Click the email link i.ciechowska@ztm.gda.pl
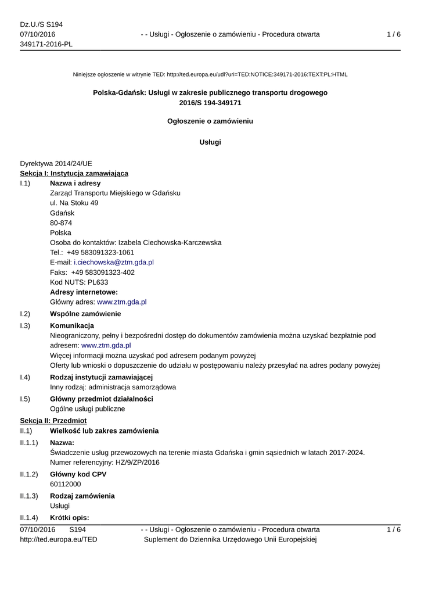113,263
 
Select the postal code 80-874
61,223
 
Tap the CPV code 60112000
66,484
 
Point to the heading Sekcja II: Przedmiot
53,420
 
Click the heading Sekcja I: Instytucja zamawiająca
74,173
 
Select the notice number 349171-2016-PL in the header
46,45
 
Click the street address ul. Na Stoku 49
74,203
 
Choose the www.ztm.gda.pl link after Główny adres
121,302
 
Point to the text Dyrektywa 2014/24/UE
56,163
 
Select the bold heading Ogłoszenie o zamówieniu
210,121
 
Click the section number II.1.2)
29,474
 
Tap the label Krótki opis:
70,518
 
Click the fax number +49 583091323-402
103,273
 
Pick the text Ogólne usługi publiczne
88,409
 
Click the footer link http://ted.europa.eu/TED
59,540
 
